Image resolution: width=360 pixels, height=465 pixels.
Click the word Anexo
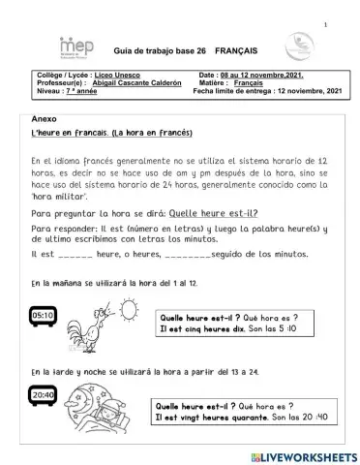coord(45,116)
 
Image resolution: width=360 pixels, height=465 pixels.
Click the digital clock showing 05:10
coord(43,315)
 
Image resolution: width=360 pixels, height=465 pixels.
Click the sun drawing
coord(129,308)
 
